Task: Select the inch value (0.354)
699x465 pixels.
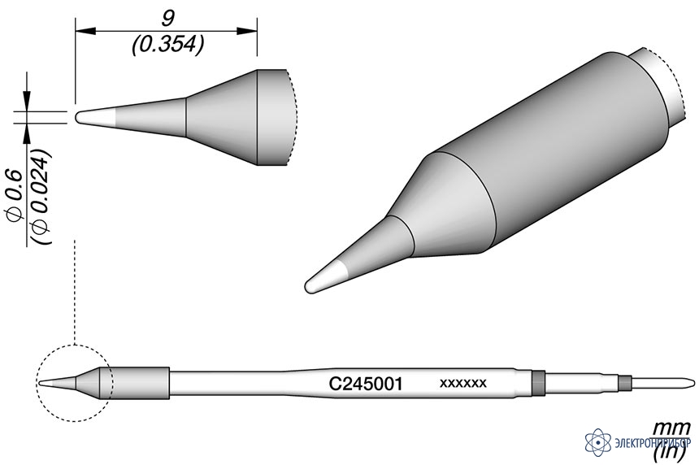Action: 168,45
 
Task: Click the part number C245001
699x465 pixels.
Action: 366,384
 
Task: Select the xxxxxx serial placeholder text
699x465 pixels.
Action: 462,383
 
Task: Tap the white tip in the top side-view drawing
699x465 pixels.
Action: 96,117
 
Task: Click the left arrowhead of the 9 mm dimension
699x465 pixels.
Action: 85,31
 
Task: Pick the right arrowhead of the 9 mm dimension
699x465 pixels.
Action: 246,31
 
